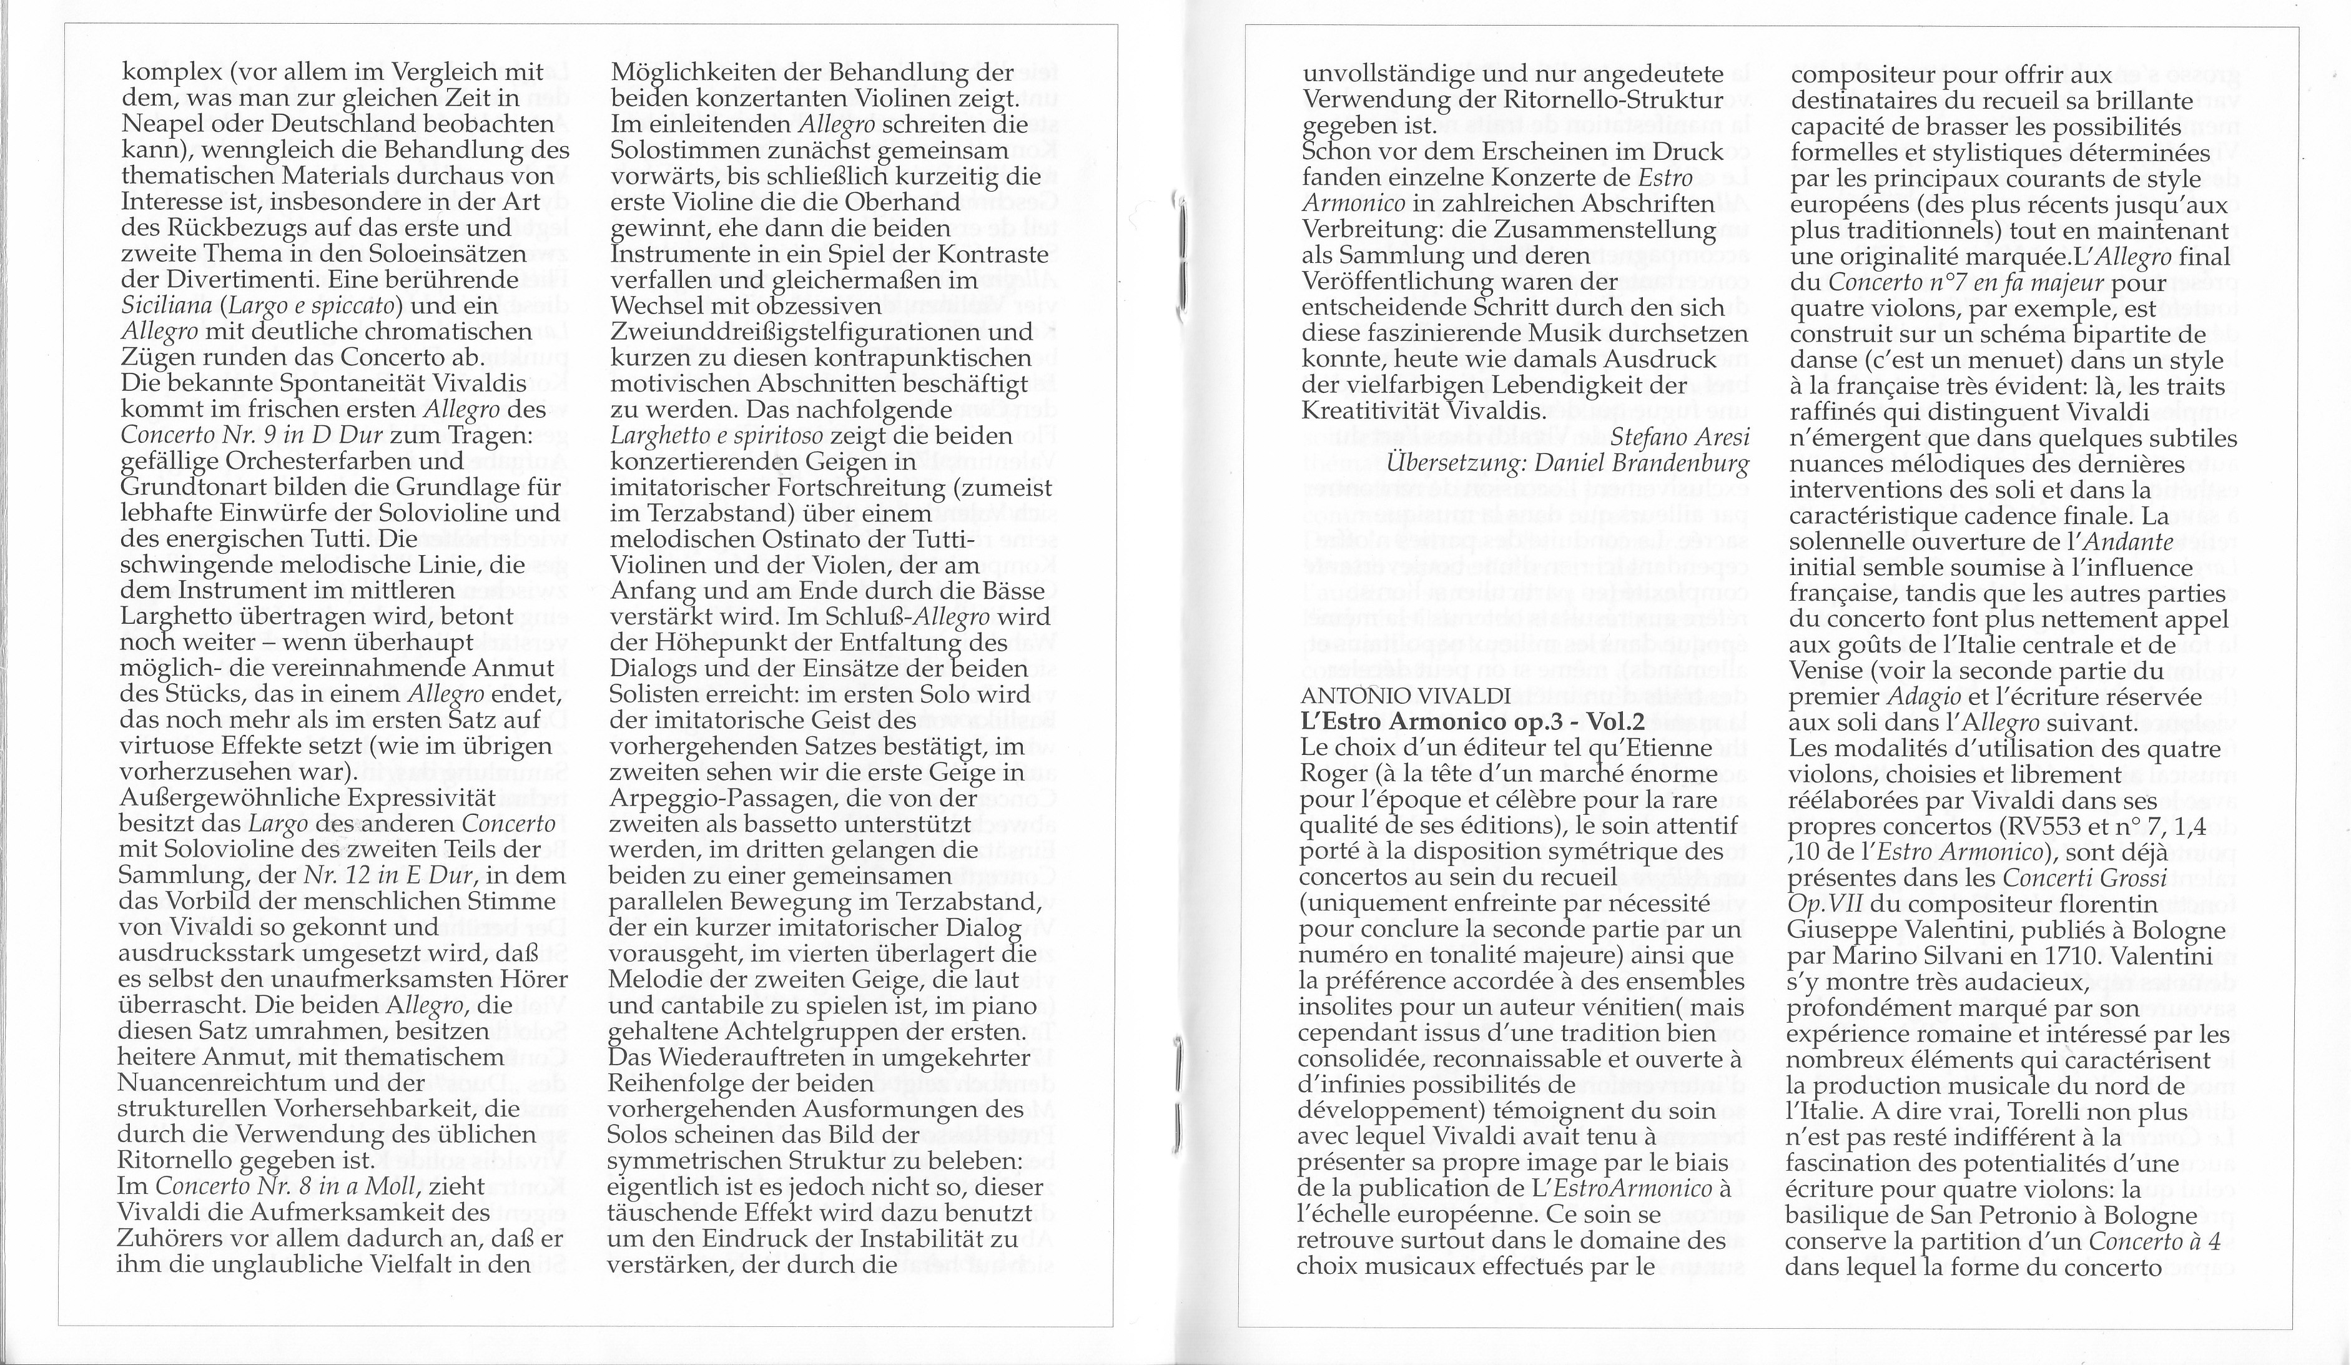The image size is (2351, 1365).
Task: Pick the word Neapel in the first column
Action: [163, 124]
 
